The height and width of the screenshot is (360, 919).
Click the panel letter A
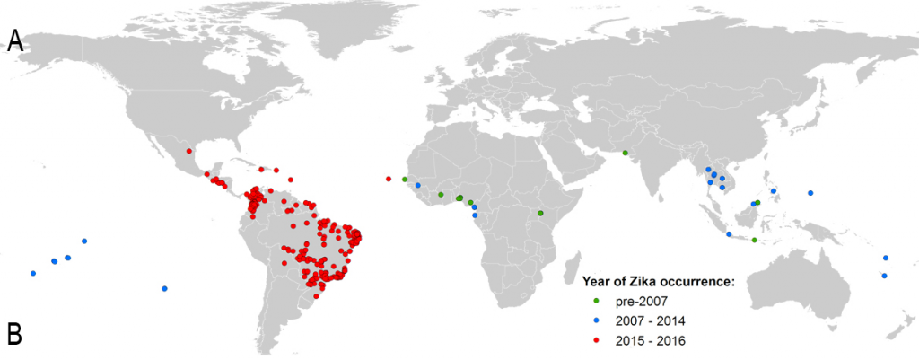(x=15, y=41)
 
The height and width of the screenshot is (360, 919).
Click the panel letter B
(x=15, y=334)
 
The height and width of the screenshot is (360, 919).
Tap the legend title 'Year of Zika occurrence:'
(x=660, y=281)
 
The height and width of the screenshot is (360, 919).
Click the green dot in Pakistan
(x=625, y=153)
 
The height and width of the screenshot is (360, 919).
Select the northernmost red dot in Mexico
(x=189, y=151)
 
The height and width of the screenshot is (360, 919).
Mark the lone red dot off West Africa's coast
(x=388, y=179)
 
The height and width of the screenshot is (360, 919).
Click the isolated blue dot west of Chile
(x=164, y=288)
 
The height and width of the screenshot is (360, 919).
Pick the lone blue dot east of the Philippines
(x=810, y=193)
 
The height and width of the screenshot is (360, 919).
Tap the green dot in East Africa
(x=540, y=213)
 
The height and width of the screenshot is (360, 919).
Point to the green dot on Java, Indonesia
(x=754, y=241)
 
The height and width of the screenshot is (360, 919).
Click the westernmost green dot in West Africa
(x=405, y=180)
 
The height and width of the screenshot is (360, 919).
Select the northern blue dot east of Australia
(x=885, y=258)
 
